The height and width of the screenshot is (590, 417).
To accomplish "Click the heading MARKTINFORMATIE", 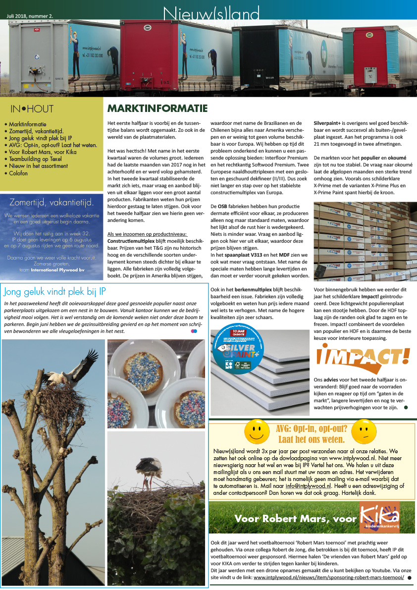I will [x=157, y=108].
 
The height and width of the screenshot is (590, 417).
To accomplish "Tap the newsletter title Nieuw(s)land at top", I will [x=211, y=13].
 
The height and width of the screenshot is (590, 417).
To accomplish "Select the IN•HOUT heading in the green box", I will [x=32, y=109].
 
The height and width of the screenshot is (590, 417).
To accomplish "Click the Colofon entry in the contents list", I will [x=20, y=173].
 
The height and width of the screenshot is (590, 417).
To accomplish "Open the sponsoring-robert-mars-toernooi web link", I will [x=329, y=578].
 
